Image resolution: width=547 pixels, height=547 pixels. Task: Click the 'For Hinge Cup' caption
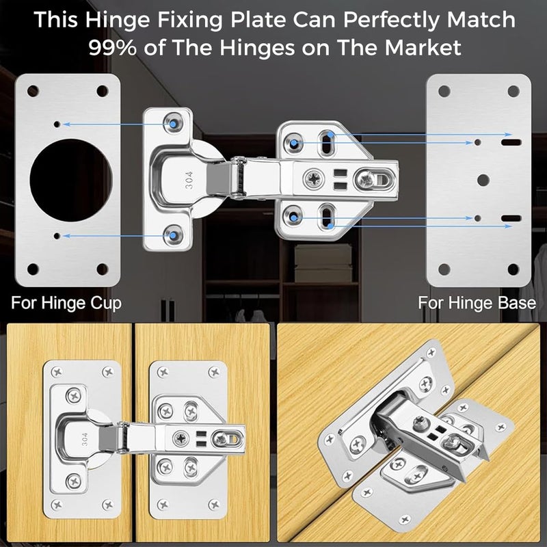[66, 302]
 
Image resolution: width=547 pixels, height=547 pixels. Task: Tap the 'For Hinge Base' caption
[477, 302]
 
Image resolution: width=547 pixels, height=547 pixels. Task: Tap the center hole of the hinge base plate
[483, 181]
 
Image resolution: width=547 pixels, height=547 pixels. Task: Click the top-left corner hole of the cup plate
[31, 90]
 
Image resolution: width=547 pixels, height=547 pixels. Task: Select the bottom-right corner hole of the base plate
[514, 269]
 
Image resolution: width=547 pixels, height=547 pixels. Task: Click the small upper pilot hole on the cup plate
[59, 124]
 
